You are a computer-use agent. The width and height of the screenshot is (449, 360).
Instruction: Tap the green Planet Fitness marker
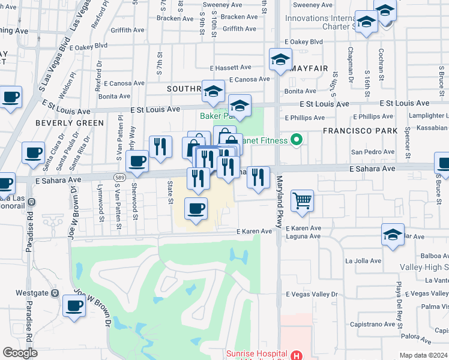coord(295,140)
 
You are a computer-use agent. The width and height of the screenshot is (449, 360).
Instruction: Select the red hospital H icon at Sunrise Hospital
coord(295,355)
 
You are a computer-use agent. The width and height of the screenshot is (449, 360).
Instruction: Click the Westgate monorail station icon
coord(55,293)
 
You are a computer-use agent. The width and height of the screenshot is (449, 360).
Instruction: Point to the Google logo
coord(20,353)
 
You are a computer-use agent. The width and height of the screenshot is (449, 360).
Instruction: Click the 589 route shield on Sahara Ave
coord(119,175)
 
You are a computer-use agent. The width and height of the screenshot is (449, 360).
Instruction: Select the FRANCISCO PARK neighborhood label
coord(360,130)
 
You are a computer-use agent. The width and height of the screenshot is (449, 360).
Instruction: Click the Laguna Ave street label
coord(303,236)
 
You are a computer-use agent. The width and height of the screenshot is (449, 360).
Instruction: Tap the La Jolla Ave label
coord(363,261)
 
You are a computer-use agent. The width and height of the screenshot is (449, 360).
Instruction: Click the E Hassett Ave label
coord(232,68)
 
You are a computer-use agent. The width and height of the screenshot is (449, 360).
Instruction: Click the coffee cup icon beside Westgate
coord(74,305)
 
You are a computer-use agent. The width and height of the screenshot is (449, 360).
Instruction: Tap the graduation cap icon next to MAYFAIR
coord(280,59)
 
